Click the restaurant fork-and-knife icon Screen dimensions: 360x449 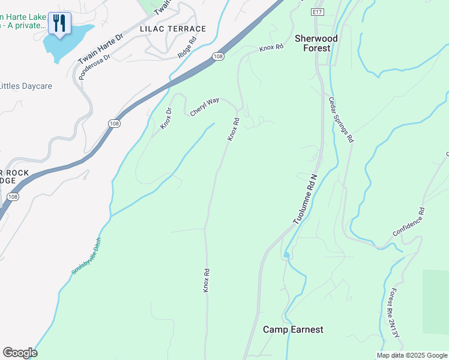pos(59,23)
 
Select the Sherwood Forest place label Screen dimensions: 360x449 pos(316,43)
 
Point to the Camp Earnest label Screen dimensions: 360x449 pos(293,329)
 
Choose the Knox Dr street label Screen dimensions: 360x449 pos(166,118)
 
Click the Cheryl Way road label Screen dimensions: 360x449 pos(205,107)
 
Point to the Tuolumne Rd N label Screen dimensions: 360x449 pos(304,200)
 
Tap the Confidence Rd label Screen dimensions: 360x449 pos(408,221)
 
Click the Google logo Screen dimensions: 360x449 pos(20,353)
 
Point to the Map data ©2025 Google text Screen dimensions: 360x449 pos(412,355)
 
